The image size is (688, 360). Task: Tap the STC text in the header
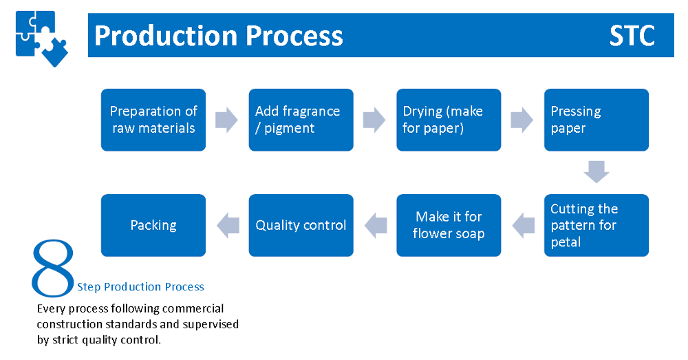pyautogui.click(x=632, y=36)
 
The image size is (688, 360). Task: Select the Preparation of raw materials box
pyautogui.click(x=153, y=120)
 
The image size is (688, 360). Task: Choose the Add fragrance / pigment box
pyautogui.click(x=301, y=120)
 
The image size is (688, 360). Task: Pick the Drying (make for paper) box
pyautogui.click(x=449, y=120)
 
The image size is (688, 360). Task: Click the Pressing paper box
pyautogui.click(x=596, y=120)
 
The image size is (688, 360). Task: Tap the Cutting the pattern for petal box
pyautogui.click(x=596, y=225)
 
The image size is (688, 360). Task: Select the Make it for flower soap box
pyautogui.click(x=449, y=225)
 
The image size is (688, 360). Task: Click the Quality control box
pyautogui.click(x=301, y=225)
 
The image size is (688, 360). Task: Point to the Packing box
pyautogui.click(x=153, y=225)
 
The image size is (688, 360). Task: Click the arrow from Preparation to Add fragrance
pyautogui.click(x=226, y=120)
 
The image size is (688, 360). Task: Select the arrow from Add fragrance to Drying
pyautogui.click(x=374, y=120)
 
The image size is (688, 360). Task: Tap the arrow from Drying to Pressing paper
pyautogui.click(x=522, y=120)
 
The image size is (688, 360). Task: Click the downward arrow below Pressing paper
pyautogui.click(x=596, y=172)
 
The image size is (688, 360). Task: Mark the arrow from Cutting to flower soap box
pyautogui.click(x=524, y=226)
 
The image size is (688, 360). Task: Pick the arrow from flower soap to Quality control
pyautogui.click(x=376, y=226)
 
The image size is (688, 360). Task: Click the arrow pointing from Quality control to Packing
pyautogui.click(x=228, y=226)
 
